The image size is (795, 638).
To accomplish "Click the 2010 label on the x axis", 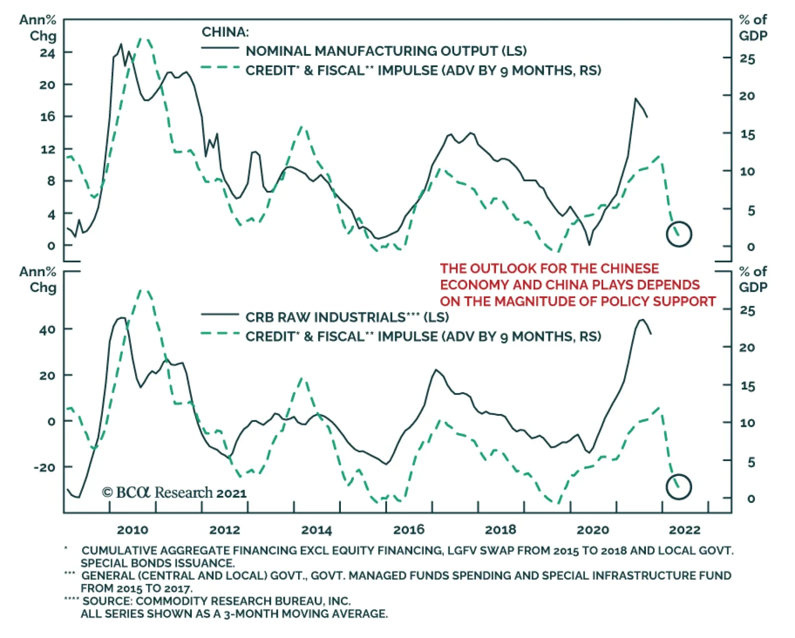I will [x=132, y=530].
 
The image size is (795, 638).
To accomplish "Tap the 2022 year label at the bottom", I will [x=684, y=530].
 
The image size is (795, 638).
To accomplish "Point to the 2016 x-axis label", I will [x=408, y=530].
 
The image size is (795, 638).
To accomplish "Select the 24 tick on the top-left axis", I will [x=48, y=53].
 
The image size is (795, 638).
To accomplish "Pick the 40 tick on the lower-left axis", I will [x=47, y=329].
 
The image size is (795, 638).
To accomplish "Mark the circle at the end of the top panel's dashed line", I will [x=679, y=234].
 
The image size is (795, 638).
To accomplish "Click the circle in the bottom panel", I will [x=679, y=486].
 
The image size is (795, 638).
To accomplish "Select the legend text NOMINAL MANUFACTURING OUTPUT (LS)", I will [x=386, y=51].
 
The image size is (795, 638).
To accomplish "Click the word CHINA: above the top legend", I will [x=225, y=32].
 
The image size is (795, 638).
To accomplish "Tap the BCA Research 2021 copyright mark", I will [x=174, y=492].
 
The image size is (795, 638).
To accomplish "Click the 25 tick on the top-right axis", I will [x=747, y=59].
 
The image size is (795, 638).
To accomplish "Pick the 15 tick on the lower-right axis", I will [x=747, y=386].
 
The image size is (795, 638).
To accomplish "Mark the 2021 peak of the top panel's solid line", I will [x=635, y=99].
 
